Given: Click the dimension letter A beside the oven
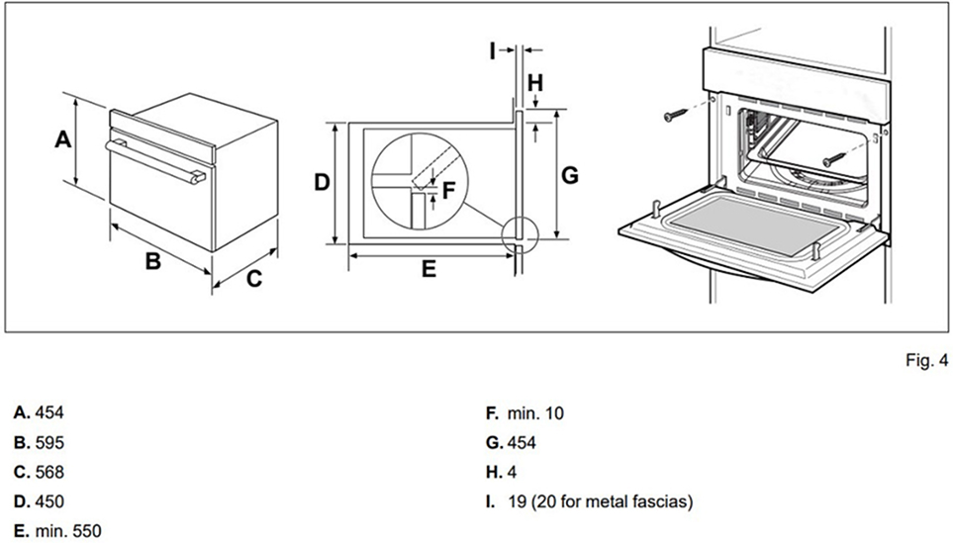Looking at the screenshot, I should click(x=62, y=139).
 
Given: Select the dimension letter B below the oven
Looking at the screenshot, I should click(x=153, y=262).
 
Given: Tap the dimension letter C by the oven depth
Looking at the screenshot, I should click(x=254, y=279).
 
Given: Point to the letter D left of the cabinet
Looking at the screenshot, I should click(x=322, y=182).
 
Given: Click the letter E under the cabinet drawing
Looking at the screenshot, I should click(x=428, y=269).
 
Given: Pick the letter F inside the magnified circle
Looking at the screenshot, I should click(x=448, y=189).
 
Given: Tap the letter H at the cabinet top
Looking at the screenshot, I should click(x=534, y=84).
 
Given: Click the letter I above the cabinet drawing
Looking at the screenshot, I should click(x=493, y=50).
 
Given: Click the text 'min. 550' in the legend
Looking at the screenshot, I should click(x=67, y=531).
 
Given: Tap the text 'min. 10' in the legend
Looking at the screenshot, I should click(x=533, y=413).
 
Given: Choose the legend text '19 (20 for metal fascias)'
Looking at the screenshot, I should click(x=599, y=501).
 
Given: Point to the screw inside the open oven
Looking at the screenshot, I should click(x=835, y=155).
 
